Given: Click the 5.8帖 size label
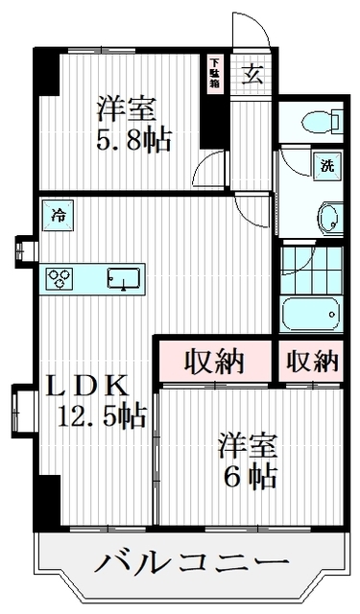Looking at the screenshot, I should click(x=133, y=141).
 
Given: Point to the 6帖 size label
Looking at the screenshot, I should click(x=252, y=477).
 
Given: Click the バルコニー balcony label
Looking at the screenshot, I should click(x=191, y=562).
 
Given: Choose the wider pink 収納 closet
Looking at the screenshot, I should click(x=216, y=361).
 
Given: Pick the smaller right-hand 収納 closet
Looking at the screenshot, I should click(x=311, y=361).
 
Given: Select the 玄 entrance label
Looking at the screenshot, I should click(x=252, y=74).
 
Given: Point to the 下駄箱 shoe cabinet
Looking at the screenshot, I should click(x=215, y=74).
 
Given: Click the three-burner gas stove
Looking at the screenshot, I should click(x=61, y=278).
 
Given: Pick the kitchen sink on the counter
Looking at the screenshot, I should click(x=122, y=277).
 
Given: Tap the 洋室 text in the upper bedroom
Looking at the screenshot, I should click(x=126, y=108).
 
